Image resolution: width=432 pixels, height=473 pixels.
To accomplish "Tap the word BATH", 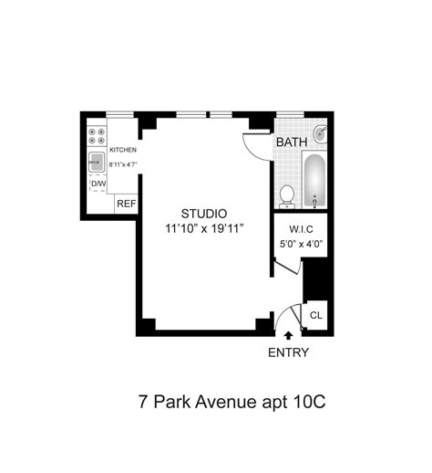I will coord(292,142).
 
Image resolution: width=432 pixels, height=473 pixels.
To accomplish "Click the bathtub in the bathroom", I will coord(314,181).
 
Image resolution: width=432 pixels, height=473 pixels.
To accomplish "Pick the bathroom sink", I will coord(320,135).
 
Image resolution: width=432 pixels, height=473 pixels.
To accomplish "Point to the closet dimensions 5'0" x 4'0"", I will coord(302,244).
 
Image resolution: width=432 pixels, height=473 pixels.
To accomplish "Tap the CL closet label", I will coord(315,315).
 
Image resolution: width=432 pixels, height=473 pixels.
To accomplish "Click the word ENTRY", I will coord(288,353).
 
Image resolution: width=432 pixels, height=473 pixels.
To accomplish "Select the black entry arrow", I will coord(289,337).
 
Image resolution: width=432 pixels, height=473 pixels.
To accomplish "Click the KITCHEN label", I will coord(123,149).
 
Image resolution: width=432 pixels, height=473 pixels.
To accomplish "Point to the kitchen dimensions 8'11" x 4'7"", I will coord(123,164).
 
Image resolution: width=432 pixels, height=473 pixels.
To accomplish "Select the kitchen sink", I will coord(97,163).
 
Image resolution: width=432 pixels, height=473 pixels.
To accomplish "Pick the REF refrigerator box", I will coord(126,204).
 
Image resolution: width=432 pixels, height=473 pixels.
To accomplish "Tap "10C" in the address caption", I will coord(311,401).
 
